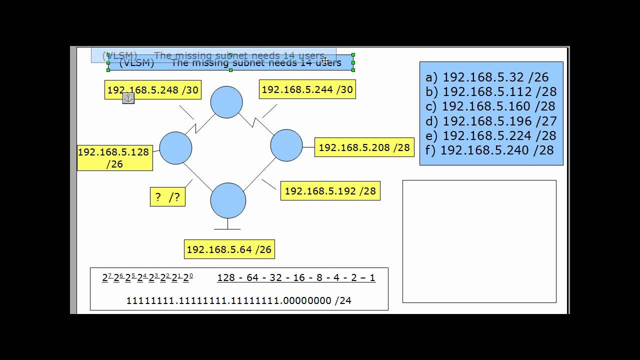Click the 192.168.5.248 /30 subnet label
(x=153, y=90)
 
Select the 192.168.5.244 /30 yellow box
(x=307, y=89)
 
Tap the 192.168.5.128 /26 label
(x=114, y=157)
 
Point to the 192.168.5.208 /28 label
(x=364, y=147)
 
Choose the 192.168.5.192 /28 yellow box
(x=330, y=191)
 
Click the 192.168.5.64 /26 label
(x=229, y=249)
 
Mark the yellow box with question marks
(x=167, y=197)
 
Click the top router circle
(x=226, y=102)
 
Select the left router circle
(x=175, y=148)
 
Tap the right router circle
(x=286, y=145)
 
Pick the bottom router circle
(x=228, y=200)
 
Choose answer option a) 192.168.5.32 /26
(x=487, y=77)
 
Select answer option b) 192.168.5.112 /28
(x=491, y=91)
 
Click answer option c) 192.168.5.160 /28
(x=490, y=106)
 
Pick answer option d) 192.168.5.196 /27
(x=491, y=121)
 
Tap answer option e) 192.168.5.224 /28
(x=491, y=135)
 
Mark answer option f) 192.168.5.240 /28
(x=489, y=150)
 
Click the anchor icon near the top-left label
(x=128, y=98)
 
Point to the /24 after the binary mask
(x=343, y=300)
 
